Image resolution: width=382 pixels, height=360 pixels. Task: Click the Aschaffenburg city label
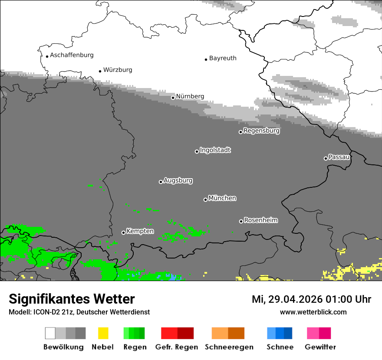[x=72, y=55]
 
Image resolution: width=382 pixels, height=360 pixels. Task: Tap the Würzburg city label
[x=118, y=70]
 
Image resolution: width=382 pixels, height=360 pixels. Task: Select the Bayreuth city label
[x=223, y=58]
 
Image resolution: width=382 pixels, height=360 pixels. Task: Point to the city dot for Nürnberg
[x=173, y=98]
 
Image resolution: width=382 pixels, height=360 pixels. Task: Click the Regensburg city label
[x=261, y=131]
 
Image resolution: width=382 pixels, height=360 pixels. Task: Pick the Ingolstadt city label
[x=215, y=150]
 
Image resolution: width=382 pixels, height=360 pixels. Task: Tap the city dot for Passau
[x=326, y=158]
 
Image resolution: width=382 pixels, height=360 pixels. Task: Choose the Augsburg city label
[x=178, y=180]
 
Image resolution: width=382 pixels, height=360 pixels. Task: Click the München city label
[x=222, y=198]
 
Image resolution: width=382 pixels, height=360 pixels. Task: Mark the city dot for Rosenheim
[x=241, y=222]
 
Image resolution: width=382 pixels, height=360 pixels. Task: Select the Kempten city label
[x=140, y=231]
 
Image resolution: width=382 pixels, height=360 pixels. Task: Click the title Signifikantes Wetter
[x=72, y=299]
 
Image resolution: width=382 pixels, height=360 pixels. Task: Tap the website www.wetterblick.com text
[x=313, y=312]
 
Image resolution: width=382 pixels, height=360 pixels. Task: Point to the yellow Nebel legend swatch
[x=103, y=333]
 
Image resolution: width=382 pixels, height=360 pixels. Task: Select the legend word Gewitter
[x=320, y=347]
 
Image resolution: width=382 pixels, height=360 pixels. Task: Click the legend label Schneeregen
[x=229, y=347]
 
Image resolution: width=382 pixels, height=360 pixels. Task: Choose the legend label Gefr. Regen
[x=177, y=347]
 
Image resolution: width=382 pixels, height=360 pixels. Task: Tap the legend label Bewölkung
[x=63, y=347]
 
